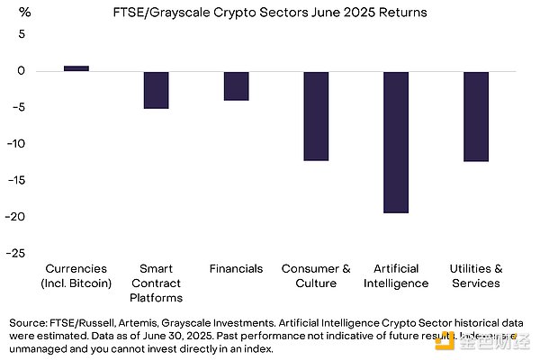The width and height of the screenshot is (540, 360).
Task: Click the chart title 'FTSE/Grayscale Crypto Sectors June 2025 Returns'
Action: (x=270, y=13)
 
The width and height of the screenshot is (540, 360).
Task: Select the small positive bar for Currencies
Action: (x=76, y=68)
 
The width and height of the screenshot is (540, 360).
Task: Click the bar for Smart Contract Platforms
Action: (x=156, y=90)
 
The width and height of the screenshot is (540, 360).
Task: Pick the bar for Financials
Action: (x=236, y=85)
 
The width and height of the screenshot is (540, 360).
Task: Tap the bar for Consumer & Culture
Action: (x=316, y=116)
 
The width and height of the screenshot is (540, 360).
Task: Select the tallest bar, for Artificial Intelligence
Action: (x=396, y=142)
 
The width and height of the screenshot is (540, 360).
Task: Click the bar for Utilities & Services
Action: (x=475, y=116)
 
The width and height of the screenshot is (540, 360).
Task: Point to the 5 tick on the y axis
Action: (x=22, y=34)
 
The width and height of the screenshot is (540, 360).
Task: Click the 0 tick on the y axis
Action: (x=22, y=71)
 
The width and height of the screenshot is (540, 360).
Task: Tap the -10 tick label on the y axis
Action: (x=20, y=144)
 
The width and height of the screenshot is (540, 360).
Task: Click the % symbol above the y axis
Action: (x=23, y=13)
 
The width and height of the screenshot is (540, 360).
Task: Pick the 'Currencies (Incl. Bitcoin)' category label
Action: (x=76, y=275)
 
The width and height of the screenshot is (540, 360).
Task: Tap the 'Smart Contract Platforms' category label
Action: (x=156, y=283)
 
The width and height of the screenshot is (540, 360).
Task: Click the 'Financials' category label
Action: (x=236, y=268)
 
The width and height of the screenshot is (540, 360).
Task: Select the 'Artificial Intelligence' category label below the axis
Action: (x=396, y=275)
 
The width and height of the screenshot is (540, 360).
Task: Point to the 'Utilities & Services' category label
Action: (x=475, y=275)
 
